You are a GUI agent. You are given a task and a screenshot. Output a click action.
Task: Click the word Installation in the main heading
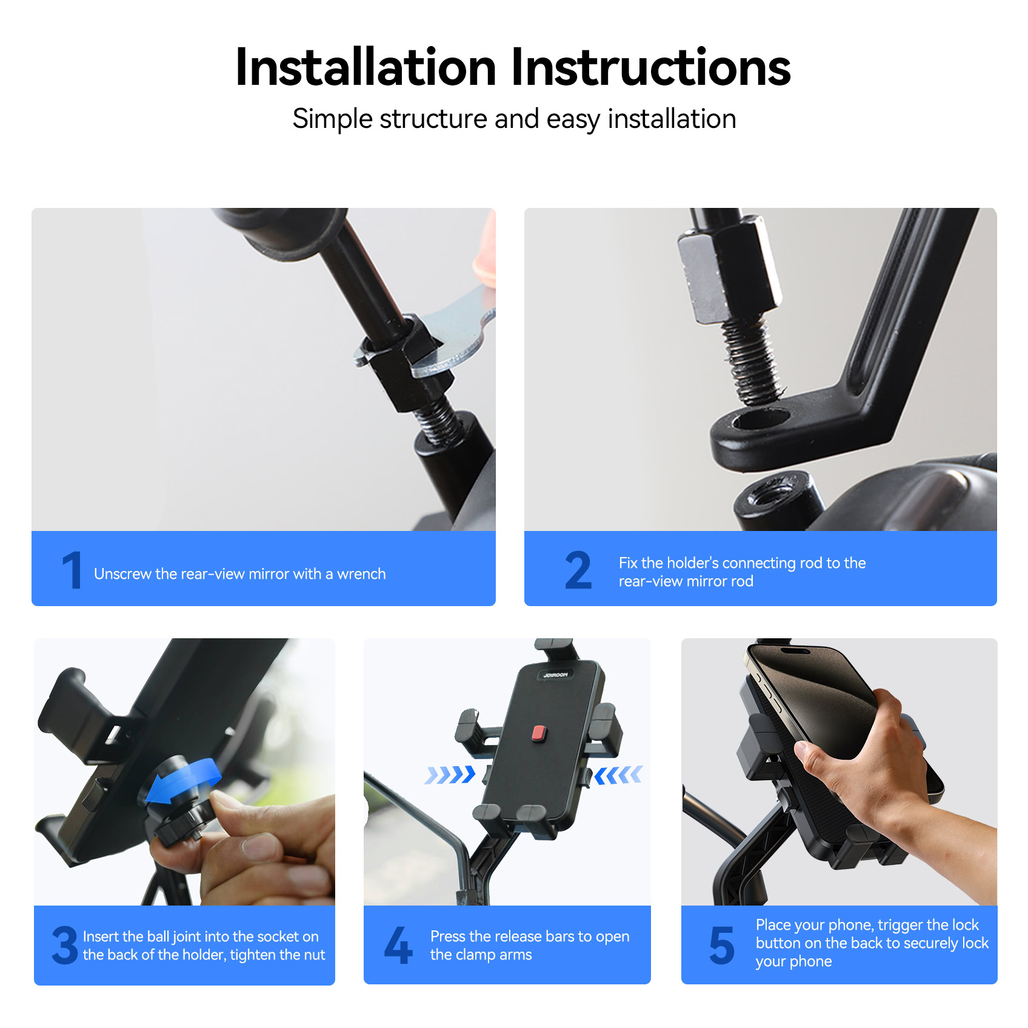tap(366, 67)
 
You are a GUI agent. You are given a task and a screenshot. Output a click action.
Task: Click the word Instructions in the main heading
tap(651, 67)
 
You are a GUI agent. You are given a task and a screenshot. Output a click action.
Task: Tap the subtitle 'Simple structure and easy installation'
tap(514, 119)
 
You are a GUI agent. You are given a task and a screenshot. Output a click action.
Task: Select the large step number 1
tap(72, 570)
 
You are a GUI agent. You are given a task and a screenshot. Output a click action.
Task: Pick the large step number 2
tap(578, 570)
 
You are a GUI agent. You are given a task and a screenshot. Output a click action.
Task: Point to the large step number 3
tap(65, 945)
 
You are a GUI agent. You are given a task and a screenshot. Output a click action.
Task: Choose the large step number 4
tap(398, 945)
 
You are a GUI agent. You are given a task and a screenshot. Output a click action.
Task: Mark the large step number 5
tap(721, 945)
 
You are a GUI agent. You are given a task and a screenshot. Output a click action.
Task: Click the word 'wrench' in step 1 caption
tap(361, 574)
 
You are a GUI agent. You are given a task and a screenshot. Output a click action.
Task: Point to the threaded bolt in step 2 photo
tap(752, 361)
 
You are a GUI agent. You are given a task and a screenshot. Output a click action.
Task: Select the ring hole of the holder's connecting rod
tap(761, 418)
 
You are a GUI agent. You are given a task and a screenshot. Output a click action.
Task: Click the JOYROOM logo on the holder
tap(555, 675)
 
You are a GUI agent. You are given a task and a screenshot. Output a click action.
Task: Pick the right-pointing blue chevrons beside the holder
tap(450, 775)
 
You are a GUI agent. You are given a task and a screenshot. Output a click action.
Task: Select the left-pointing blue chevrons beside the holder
tap(618, 775)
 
